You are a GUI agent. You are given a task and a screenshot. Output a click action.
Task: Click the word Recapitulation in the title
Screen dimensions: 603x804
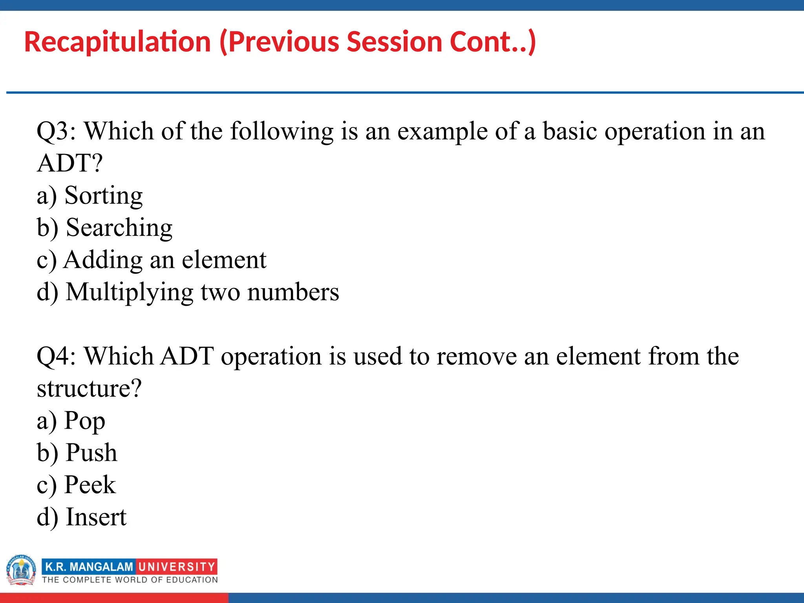click(117, 42)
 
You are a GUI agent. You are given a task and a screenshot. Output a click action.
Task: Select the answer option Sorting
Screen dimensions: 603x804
click(103, 196)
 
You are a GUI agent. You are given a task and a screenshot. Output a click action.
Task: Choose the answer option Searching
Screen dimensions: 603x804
click(119, 228)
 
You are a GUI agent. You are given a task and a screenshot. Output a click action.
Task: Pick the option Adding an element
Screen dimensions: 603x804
click(165, 260)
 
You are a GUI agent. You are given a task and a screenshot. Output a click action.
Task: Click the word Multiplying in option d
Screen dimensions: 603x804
click(130, 292)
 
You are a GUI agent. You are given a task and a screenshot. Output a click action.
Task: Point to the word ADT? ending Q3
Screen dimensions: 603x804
click(69, 163)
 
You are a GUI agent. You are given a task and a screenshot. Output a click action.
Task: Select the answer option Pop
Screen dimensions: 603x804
click(84, 421)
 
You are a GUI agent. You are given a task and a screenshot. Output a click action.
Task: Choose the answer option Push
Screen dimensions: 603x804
click(91, 453)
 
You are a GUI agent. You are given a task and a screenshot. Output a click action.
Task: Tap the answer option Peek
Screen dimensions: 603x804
click(90, 485)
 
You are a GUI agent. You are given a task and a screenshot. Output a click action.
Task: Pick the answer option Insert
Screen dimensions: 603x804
click(96, 517)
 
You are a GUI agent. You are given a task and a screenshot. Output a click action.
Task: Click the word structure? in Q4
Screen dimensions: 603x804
click(89, 389)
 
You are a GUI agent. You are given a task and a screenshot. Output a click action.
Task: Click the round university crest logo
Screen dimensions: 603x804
click(21, 570)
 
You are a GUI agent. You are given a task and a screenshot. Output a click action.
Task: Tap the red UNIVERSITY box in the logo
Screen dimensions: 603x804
click(177, 566)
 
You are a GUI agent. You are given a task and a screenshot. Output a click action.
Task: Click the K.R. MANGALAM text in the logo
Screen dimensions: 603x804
click(89, 566)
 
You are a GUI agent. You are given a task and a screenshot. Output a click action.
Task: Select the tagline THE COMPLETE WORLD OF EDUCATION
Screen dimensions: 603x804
click(130, 580)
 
